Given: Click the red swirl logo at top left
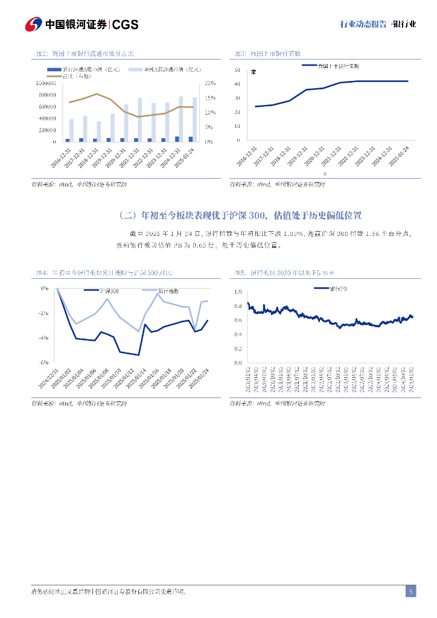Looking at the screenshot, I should click(x=34, y=24).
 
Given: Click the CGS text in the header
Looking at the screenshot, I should click(x=126, y=24).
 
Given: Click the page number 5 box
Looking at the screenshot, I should click(x=410, y=591).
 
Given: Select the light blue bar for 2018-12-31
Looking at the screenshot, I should click(x=98, y=131).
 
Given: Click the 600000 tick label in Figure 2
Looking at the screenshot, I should click(x=46, y=107).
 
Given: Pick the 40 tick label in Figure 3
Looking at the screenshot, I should click(x=237, y=84).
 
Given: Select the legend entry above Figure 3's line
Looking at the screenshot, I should click(x=331, y=66).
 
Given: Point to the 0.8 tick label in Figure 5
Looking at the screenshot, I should click(x=237, y=305).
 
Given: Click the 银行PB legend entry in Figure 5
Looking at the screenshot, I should click(x=330, y=289).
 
